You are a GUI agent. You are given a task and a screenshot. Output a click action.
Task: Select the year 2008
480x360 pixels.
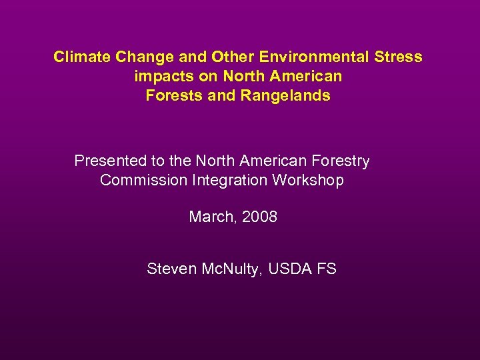point(259,217)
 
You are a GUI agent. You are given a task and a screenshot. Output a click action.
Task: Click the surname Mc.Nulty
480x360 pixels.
point(231,269)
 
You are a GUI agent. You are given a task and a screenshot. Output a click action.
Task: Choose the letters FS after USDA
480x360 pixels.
point(327,269)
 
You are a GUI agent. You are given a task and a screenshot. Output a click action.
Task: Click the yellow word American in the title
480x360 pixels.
point(305,76)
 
